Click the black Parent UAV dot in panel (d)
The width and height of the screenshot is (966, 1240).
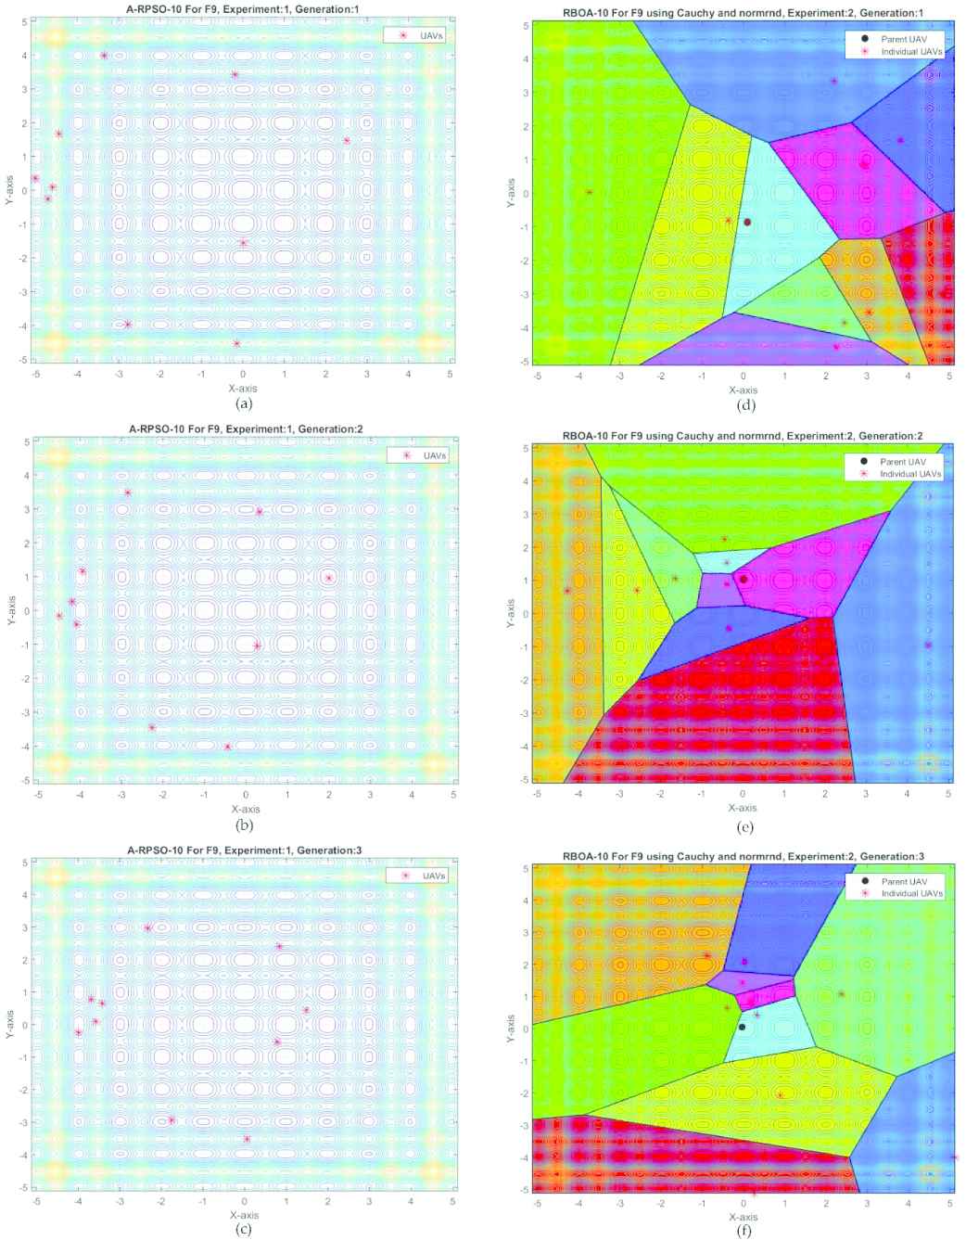pos(747,222)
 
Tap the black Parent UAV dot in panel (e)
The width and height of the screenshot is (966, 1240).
pos(744,580)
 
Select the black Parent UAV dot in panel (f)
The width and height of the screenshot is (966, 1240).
pos(742,1027)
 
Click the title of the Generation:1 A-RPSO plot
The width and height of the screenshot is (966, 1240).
pos(242,8)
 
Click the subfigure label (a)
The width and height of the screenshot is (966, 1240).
pos(243,403)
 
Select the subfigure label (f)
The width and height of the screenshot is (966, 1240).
pos(743,1231)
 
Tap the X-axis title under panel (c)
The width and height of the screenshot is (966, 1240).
pos(243,1213)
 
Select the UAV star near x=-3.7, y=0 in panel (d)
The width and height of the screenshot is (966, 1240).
pos(590,192)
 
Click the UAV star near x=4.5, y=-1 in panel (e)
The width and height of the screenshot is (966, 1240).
pos(928,645)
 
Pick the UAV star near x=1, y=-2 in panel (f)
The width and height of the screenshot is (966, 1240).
pos(781,1095)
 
